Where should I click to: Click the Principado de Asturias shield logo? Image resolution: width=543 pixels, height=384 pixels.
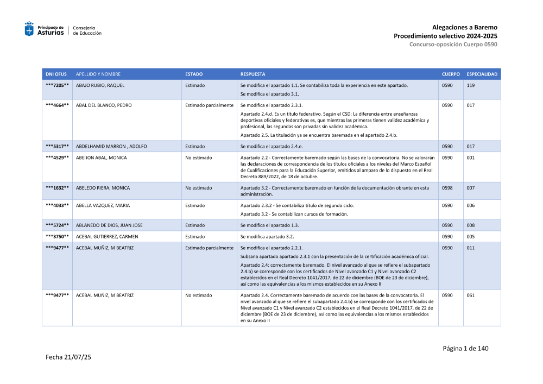point(29,29)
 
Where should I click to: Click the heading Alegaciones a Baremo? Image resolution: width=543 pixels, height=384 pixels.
point(464,27)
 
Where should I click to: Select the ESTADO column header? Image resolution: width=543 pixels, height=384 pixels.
point(194,74)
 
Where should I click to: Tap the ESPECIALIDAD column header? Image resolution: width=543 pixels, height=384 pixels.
point(482,74)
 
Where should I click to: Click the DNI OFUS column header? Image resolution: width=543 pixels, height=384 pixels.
point(56,74)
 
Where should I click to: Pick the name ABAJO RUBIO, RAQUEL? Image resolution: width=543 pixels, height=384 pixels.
point(100,85)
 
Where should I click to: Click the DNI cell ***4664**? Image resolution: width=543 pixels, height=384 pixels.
point(57,105)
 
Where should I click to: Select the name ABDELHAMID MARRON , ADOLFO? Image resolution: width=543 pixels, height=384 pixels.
point(111,147)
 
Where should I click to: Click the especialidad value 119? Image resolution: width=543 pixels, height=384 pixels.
point(471,85)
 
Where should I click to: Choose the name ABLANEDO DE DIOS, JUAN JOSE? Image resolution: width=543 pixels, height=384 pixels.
point(109,225)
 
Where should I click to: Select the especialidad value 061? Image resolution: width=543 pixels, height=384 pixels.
point(471,295)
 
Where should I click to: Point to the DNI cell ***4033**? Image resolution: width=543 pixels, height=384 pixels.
point(57,205)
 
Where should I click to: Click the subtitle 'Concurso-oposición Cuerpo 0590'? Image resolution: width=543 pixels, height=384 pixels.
point(453,44)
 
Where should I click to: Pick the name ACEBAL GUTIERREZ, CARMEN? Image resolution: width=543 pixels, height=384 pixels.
point(108,237)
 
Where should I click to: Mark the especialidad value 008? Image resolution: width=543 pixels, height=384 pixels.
point(471,225)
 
